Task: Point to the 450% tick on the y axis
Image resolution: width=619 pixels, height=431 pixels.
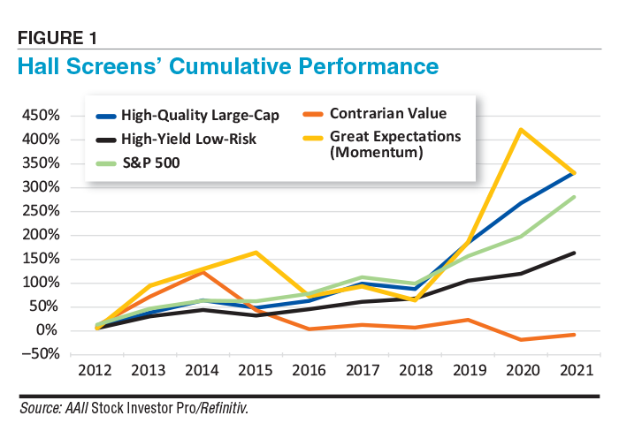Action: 41,116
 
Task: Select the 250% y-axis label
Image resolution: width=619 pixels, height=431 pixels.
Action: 41,211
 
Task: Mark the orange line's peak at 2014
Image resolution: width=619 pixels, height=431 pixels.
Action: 203,272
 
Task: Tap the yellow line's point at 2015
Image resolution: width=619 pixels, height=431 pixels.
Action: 255,253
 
